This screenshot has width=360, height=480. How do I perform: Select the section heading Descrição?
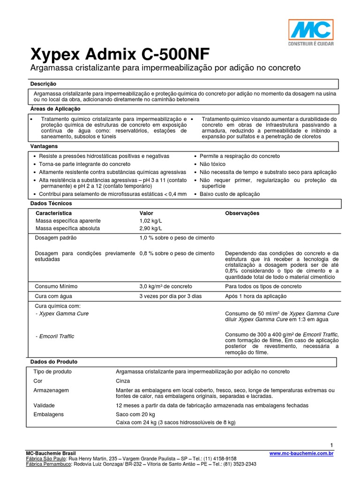[43, 83]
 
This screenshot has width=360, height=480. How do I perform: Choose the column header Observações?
[242, 213]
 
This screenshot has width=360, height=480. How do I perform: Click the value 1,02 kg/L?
[150, 221]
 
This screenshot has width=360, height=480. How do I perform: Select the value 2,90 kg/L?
[150, 228]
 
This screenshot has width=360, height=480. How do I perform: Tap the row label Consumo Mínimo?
[57, 286]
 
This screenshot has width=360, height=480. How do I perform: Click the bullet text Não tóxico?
[212, 164]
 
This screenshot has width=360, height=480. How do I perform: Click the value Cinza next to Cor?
[123, 381]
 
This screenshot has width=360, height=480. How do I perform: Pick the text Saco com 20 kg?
[135, 414]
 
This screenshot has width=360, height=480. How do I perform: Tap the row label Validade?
[45, 405]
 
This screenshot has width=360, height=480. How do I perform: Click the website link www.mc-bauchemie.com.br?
[302, 453]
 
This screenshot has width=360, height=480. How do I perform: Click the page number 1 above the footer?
[331, 445]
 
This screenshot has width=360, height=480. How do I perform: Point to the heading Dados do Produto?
[54, 362]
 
